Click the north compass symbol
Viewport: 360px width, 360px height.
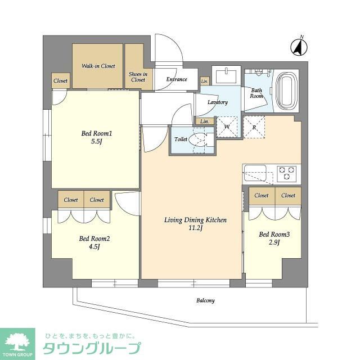click(299, 47)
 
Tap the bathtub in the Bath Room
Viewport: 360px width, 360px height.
click(287, 91)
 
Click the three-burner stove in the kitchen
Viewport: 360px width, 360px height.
click(286, 173)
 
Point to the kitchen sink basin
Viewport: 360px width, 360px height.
click(255, 173)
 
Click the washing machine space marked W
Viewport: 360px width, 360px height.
click(227, 127)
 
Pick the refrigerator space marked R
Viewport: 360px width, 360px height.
click(254, 127)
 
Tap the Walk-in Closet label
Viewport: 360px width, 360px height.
click(98, 66)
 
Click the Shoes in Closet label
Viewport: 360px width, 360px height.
click(138, 77)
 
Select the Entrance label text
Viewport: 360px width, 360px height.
click(177, 79)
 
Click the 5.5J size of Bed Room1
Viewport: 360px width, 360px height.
click(96, 141)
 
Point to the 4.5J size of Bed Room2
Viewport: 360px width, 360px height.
click(94, 247)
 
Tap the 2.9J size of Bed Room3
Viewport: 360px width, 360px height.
click(274, 242)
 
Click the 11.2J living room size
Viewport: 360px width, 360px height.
click(195, 228)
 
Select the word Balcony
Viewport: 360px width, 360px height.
click(205, 300)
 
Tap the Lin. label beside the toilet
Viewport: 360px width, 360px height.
click(205, 121)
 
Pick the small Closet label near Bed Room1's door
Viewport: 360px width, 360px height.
click(60, 81)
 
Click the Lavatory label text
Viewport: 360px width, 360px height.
click(218, 102)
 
